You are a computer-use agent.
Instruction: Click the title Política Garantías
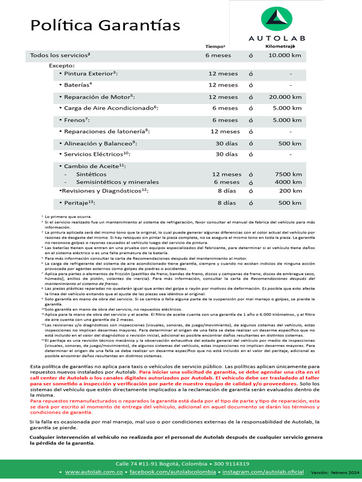click(105, 25)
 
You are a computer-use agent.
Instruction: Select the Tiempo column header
click(215, 47)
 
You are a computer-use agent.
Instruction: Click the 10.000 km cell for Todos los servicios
click(285, 56)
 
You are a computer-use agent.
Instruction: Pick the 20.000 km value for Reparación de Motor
click(285, 97)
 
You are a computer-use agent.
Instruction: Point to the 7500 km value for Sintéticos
click(288, 174)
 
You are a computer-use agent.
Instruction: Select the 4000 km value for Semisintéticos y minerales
click(288, 182)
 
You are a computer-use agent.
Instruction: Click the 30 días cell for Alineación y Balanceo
click(227, 144)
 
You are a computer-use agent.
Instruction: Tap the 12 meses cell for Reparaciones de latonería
click(225, 132)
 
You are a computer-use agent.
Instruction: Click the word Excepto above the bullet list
click(62, 65)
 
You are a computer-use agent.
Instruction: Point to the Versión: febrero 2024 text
click(335, 472)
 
